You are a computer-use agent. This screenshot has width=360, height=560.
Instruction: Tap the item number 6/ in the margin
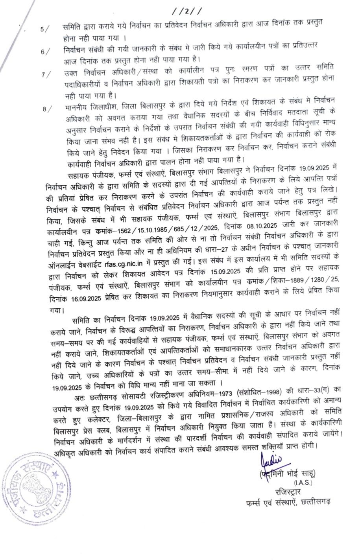[x=45, y=52]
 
